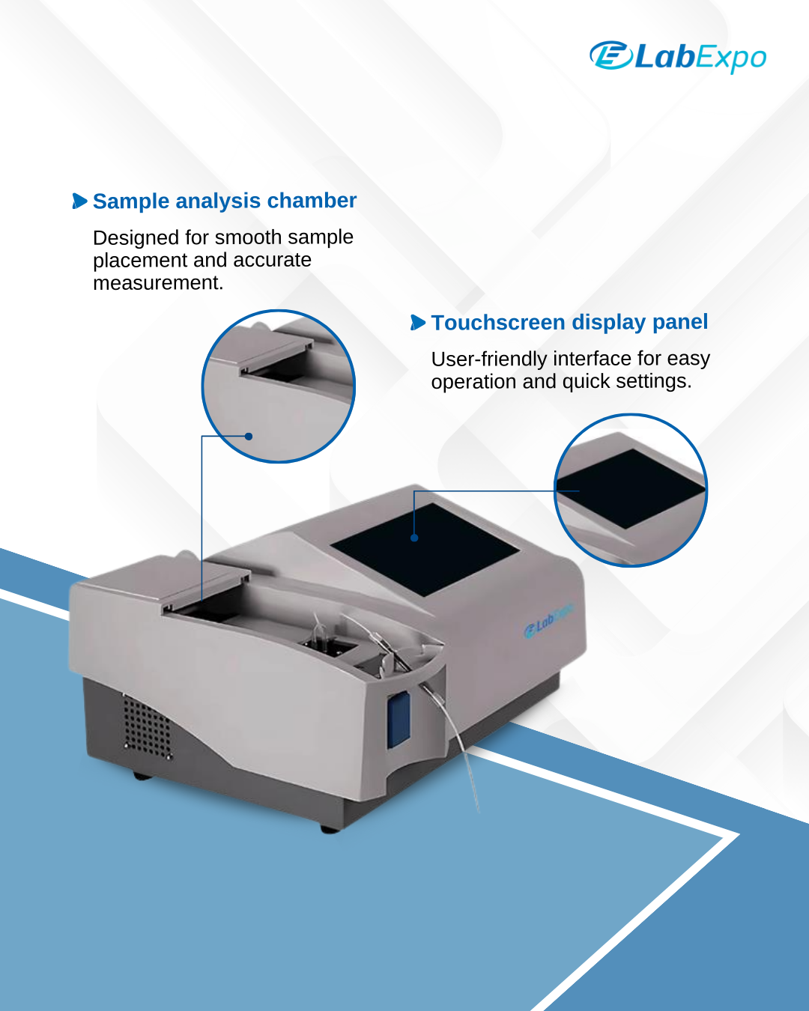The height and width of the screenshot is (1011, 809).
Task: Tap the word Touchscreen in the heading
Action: (x=498, y=322)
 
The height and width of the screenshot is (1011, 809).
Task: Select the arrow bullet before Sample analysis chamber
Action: (x=79, y=201)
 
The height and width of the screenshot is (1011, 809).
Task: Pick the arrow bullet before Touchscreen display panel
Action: (x=418, y=322)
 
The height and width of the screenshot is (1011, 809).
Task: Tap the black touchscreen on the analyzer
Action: (x=425, y=550)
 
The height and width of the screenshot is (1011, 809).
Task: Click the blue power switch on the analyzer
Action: (x=399, y=720)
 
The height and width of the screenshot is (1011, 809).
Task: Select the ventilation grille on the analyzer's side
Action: (x=147, y=727)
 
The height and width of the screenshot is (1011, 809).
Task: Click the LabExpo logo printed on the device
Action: (x=548, y=621)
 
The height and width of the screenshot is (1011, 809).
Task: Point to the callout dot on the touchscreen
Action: (x=414, y=538)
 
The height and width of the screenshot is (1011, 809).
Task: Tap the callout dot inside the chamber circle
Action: (x=249, y=437)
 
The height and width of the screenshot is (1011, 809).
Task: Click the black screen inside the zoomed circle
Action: (x=630, y=488)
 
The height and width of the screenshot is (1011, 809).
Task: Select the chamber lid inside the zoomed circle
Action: (x=261, y=348)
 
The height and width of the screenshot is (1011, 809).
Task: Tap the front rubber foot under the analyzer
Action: (x=330, y=829)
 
